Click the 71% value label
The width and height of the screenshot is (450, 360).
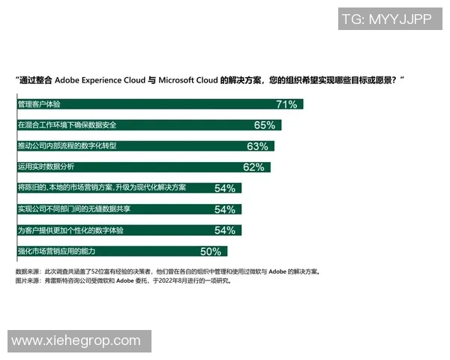point(288,104)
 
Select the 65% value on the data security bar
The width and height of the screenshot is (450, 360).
point(265,125)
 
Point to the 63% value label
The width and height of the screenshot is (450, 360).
point(257,146)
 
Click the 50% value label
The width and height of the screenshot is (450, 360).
point(211,251)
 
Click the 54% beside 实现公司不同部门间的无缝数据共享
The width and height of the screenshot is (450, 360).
point(225,209)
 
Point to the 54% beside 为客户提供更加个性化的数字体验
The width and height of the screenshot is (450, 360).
point(225,230)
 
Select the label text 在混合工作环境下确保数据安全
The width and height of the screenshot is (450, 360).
point(67,124)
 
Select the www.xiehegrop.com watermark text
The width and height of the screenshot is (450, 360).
point(76,340)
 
